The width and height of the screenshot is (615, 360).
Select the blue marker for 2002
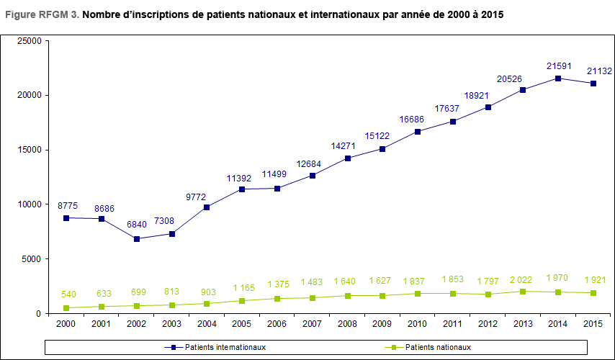pyautogui.click(x=137, y=238)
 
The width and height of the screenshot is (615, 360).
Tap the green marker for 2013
pyautogui.click(x=522, y=292)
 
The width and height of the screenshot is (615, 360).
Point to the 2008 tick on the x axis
pyautogui.click(x=347, y=324)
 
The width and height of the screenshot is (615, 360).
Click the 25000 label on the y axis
pyautogui.click(x=29, y=41)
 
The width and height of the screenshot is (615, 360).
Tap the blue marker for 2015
pyautogui.click(x=593, y=84)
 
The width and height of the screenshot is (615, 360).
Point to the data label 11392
pyautogui.click(x=242, y=178)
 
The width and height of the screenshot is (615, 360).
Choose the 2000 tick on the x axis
pyautogui.click(x=66, y=324)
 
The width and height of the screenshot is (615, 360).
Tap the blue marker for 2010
pyautogui.click(x=417, y=132)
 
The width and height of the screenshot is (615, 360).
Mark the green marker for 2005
pyautogui.click(x=242, y=301)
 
